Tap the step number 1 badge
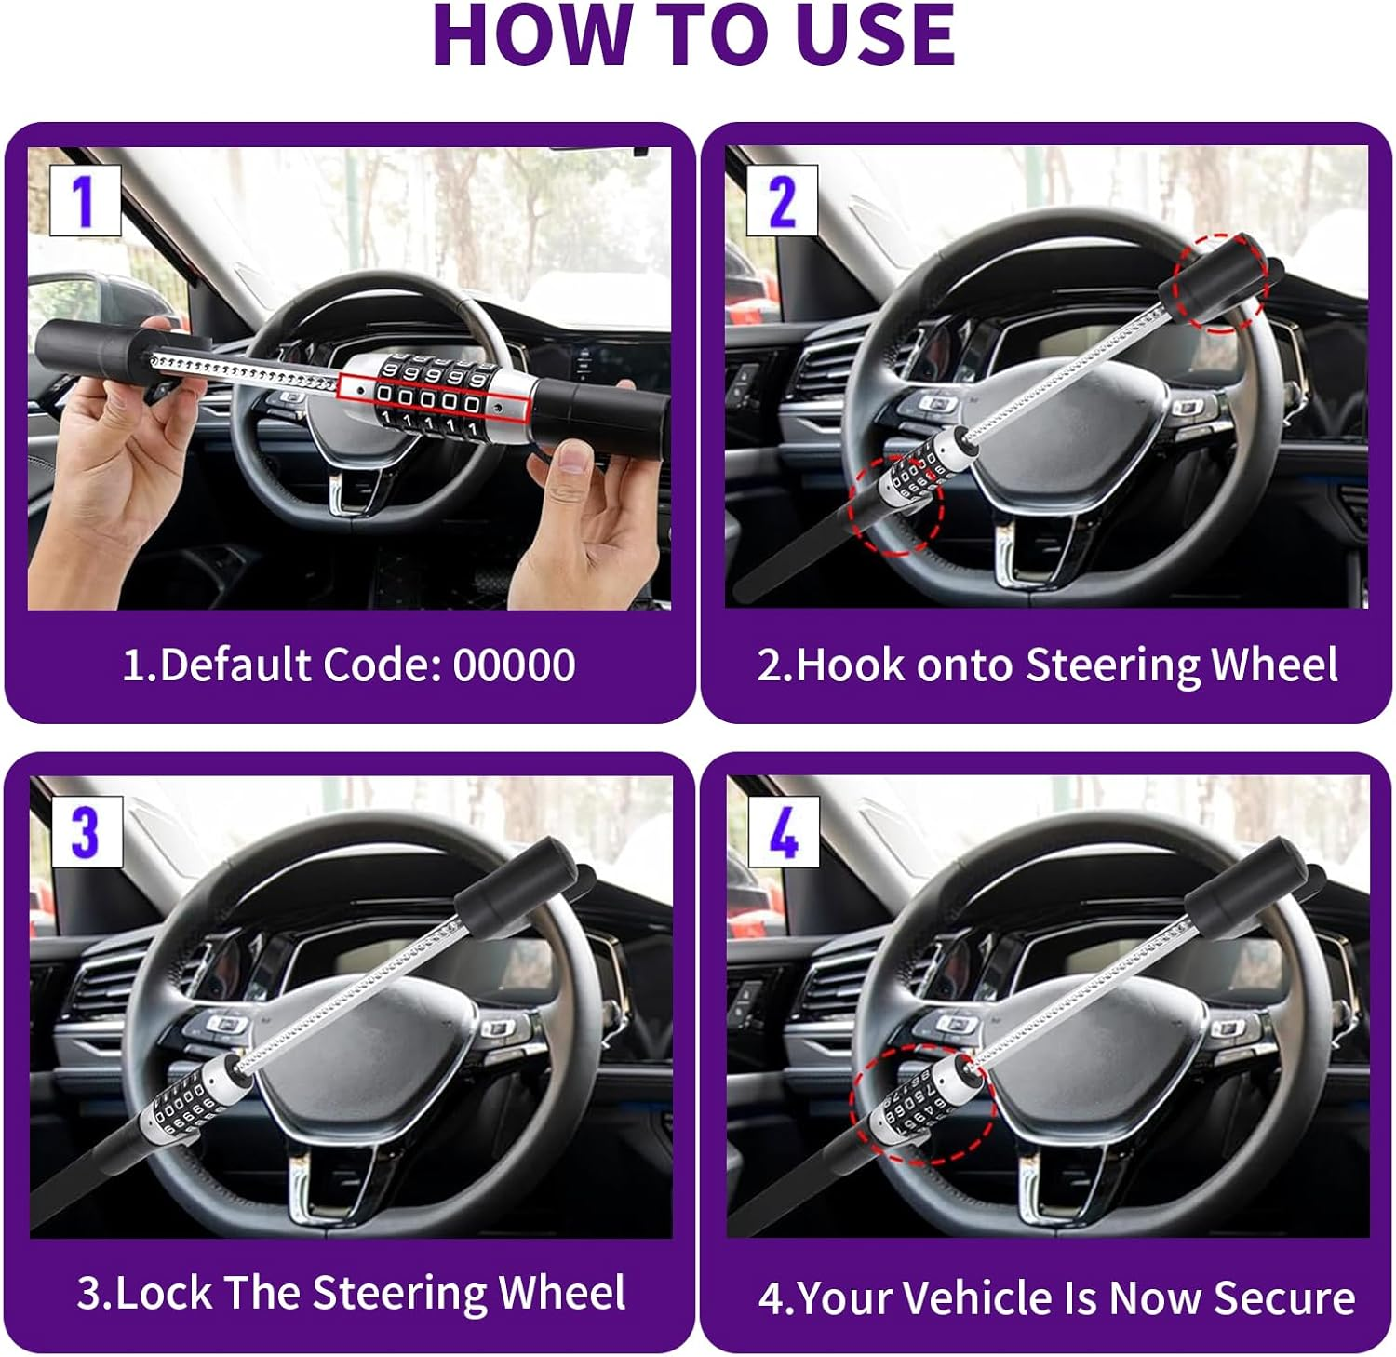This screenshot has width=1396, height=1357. pos(85,200)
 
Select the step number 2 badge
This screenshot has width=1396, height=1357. pos(783,200)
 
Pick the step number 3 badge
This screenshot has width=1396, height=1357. pos(85,831)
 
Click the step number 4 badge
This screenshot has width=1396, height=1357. pos(783,831)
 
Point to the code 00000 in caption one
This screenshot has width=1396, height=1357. pos(514,665)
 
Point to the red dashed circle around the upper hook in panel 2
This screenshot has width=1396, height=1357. pos(1220,282)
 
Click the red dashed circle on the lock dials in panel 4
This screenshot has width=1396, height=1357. pos(922,1104)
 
